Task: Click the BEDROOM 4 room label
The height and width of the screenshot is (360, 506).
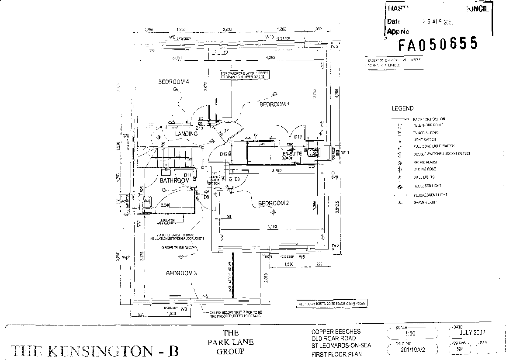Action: pos(173,82)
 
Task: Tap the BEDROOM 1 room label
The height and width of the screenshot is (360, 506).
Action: pos(275,104)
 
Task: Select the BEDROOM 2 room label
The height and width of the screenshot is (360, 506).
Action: pos(274,203)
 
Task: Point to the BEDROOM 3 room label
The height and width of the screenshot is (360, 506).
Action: pos(181,273)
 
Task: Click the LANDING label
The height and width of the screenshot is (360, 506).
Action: pos(187,134)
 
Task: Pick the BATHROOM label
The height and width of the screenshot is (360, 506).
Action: pos(174,180)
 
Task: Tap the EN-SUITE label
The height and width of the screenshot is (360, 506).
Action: pos(292,154)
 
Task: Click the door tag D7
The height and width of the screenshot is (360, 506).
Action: pos(226,131)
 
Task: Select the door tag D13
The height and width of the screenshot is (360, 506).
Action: pos(298,137)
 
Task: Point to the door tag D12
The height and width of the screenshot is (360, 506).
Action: pos(224,154)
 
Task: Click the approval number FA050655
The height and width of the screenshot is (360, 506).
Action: pos(437,44)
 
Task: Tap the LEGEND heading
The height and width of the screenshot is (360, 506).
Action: pos(402,108)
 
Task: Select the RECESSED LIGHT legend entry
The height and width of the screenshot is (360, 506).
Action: pos(427,186)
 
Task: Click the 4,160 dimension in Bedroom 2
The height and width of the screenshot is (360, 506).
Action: pos(273,227)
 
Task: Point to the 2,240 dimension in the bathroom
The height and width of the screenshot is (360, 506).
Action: pos(166,204)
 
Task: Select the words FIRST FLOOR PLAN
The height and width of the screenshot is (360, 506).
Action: pos(336,354)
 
